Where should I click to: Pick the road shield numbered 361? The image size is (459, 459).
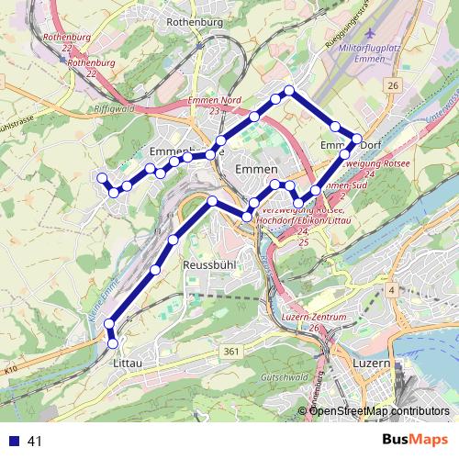coord(231,351)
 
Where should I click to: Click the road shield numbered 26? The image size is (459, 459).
coord(394,85)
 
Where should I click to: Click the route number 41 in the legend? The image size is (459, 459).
coord(35,441)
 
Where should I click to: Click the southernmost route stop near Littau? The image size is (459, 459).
coord(113,343)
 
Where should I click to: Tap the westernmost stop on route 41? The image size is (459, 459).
coord(102,177)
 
